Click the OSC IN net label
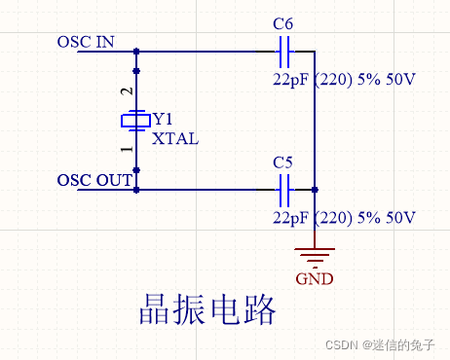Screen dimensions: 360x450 (86, 42)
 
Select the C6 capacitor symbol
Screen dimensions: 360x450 (285, 51)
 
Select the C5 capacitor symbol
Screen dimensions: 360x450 (285, 189)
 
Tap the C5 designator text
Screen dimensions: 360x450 (283, 162)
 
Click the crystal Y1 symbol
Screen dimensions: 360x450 (135, 120)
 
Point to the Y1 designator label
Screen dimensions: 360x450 (167, 119)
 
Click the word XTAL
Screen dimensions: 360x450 (175, 138)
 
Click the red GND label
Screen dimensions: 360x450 (315, 278)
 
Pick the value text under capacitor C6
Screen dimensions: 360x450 (344, 80)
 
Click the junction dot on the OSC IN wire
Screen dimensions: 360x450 (135, 51)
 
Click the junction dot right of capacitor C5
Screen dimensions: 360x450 (316, 189)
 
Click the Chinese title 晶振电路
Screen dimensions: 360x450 (205, 311)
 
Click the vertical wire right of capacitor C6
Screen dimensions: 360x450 (316, 117)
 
